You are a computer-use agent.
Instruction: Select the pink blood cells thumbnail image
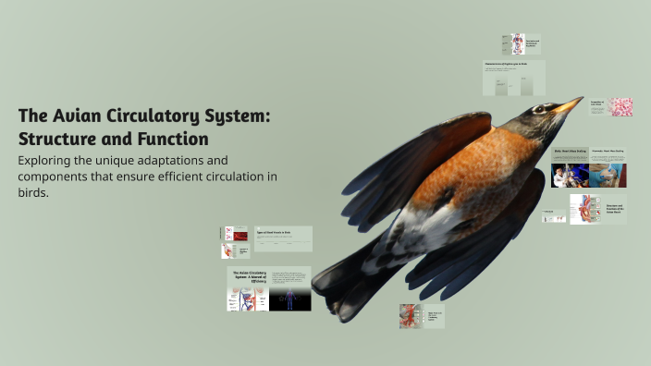click(620, 107)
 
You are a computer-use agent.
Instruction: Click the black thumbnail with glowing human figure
click(289, 299)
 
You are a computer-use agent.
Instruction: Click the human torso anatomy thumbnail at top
click(518, 43)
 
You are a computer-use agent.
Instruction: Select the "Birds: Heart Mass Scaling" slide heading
click(570, 151)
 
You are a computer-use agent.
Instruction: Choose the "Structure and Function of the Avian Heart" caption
click(615, 210)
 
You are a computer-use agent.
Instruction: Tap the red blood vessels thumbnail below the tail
click(410, 316)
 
